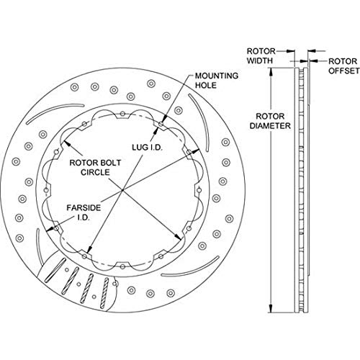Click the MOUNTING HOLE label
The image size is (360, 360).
click(x=216, y=81)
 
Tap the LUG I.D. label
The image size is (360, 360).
click(x=147, y=147)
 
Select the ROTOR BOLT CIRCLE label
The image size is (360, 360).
click(x=95, y=167)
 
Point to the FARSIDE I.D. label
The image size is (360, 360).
click(x=84, y=212)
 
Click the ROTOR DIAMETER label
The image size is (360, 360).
click(x=270, y=121)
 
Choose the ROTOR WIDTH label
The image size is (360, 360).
click(x=261, y=56)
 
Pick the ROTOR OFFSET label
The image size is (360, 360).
click(x=344, y=66)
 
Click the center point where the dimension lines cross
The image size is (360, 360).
click(x=122, y=190)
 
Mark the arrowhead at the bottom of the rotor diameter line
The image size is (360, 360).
click(x=271, y=309)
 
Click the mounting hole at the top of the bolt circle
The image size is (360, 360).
click(x=122, y=114)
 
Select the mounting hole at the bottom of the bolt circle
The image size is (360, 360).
click(x=122, y=266)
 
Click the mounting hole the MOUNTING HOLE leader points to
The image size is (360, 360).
click(x=161, y=124)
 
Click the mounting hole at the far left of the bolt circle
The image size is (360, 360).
click(x=46, y=190)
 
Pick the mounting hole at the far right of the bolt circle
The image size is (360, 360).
click(x=199, y=190)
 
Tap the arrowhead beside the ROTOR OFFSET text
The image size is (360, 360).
click(x=313, y=61)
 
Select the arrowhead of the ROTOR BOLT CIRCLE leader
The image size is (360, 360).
click(x=66, y=143)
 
